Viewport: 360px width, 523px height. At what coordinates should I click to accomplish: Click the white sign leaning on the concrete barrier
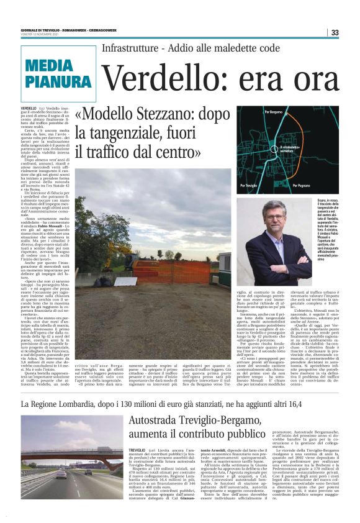pyautogui.click(x=126, y=281)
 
